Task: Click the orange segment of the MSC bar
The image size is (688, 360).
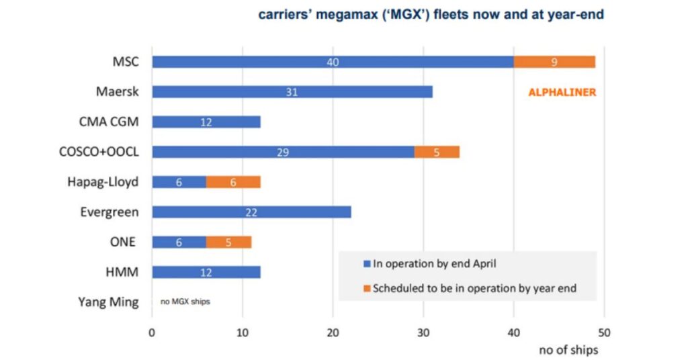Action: click(x=554, y=62)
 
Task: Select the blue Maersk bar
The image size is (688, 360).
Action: click(x=292, y=92)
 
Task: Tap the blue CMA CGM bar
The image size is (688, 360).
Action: click(x=206, y=122)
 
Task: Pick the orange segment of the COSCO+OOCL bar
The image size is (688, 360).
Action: click(x=437, y=152)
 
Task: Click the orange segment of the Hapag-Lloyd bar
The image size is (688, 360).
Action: click(x=232, y=182)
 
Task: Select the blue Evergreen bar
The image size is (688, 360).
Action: click(x=251, y=212)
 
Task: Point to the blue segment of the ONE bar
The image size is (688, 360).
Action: click(x=179, y=242)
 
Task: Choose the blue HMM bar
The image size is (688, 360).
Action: click(x=206, y=272)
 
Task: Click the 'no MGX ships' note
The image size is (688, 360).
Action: click(x=185, y=302)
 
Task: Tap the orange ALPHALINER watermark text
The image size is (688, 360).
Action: click(x=562, y=93)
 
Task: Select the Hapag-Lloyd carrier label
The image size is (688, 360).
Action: click(x=103, y=182)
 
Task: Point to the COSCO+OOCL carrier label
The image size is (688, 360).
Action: click(x=99, y=152)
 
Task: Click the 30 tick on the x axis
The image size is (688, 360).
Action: click(x=423, y=332)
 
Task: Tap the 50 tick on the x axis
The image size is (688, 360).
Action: click(x=604, y=332)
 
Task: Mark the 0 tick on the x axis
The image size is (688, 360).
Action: click(x=153, y=332)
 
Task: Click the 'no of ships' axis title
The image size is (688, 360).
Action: click(x=568, y=350)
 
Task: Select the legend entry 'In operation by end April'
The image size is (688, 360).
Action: click(x=435, y=264)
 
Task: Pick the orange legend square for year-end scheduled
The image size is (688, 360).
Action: click(x=367, y=289)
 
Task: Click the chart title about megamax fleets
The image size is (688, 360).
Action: click(x=432, y=15)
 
